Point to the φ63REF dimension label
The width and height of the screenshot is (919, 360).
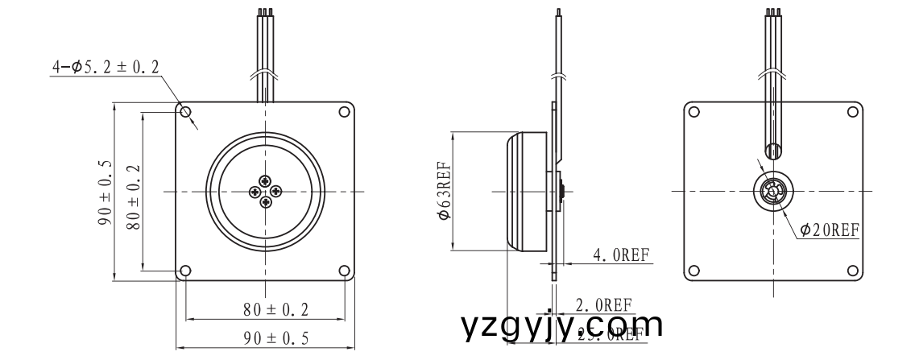coord(443,192)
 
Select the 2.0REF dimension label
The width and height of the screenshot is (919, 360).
coord(603,304)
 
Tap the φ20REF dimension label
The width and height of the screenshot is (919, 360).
coord(830,230)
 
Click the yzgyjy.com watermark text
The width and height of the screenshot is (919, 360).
coord(563,325)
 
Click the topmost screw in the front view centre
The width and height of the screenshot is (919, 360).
coord(266,180)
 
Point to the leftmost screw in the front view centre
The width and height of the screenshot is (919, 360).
coord(255,191)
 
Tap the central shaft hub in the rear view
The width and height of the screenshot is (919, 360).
coord(772,192)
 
